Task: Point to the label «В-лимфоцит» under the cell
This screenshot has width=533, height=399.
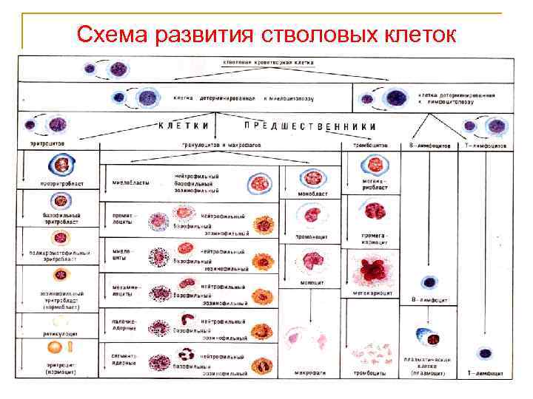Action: pyautogui.click(x=429, y=299)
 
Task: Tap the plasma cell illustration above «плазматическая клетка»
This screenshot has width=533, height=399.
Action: pyautogui.click(x=427, y=337)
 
